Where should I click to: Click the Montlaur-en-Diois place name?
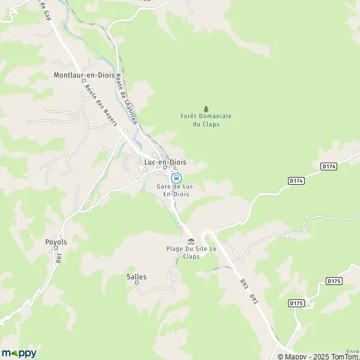point(84,76)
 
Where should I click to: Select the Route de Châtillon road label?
point(127,99)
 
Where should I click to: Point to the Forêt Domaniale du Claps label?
point(206,120)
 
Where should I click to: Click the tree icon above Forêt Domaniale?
point(206,109)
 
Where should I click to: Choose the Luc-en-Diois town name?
point(165,162)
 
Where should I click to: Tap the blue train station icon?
point(176,178)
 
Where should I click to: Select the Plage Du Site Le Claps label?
point(191,252)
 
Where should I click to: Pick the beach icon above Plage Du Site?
point(191,241)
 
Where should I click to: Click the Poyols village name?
point(56,242)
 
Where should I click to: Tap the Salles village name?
point(136,277)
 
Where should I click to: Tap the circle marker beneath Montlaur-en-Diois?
point(83,83)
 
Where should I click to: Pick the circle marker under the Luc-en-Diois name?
point(164,169)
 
